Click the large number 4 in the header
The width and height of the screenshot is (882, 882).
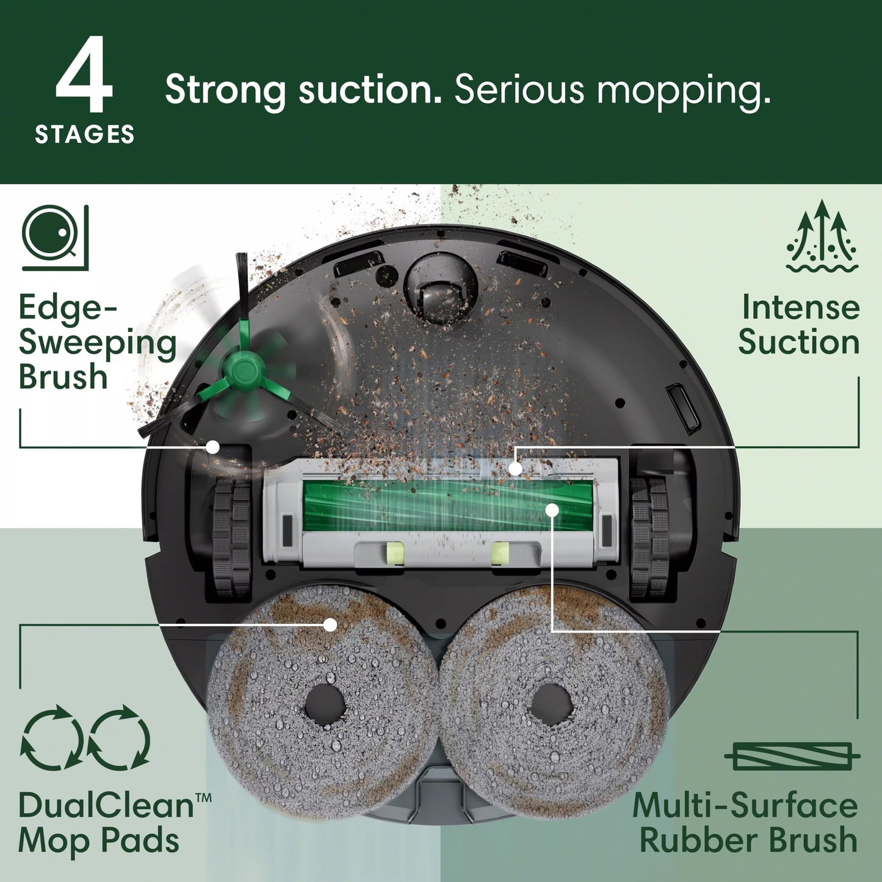[x=84, y=76]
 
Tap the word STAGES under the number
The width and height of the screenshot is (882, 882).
[x=85, y=134]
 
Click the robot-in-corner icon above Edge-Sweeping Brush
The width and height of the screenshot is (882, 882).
[x=56, y=237]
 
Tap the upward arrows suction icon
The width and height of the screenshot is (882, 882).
[x=822, y=236]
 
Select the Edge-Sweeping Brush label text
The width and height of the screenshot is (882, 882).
[x=96, y=342]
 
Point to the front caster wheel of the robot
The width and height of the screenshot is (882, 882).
[x=440, y=287]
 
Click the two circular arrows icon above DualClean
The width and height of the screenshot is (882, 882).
[x=85, y=737]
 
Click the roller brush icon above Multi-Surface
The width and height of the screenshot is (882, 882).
[x=792, y=757]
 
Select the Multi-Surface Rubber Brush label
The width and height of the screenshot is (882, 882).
[x=746, y=823]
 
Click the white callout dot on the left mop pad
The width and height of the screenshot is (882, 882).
[x=330, y=624]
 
